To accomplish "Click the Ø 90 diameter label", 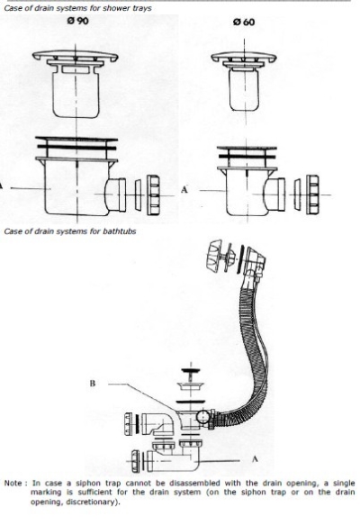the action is point(78,21).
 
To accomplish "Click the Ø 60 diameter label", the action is point(244,23).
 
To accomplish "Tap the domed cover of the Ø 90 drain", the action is point(76,56).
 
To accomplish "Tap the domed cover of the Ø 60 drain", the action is point(244,57).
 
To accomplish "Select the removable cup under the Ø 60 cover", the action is point(244,89).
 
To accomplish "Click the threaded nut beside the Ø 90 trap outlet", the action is point(153,195).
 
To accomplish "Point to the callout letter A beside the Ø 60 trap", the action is point(184,189).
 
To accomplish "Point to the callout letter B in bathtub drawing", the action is point(93,383).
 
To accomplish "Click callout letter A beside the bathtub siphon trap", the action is point(255,458).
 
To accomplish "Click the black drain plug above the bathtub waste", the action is point(191,371).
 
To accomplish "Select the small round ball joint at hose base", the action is point(202,417).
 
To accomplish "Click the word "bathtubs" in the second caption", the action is point(120,231).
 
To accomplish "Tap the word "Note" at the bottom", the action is point(13,484).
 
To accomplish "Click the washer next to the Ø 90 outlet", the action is point(138,195).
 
